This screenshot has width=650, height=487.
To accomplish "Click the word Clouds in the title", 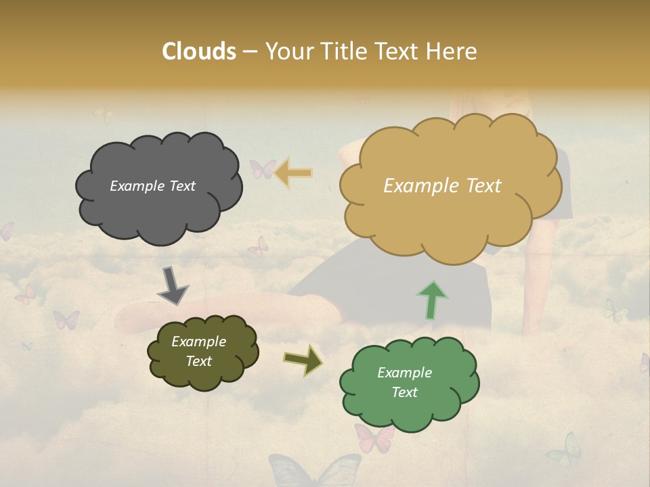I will (198, 51).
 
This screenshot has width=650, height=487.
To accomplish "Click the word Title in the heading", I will (344, 51).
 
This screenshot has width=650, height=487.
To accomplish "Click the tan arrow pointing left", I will (293, 173).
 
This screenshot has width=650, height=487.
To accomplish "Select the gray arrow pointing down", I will (173, 285).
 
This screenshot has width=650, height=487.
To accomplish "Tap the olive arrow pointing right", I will (303, 361).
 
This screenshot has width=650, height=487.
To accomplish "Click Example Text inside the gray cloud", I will (152, 186).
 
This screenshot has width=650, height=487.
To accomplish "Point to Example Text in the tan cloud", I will (442, 186).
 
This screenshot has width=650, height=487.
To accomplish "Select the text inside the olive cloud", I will (198, 352).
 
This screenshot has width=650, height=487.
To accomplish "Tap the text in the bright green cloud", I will (404, 382).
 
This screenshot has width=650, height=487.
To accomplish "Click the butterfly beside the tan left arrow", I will (263, 169).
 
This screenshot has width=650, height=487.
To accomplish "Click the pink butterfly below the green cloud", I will (374, 438).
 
